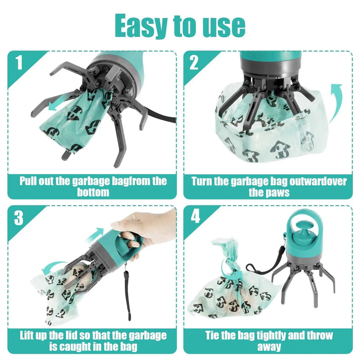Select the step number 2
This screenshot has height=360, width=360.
click(194, 63)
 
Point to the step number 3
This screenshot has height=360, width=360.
click(19, 218)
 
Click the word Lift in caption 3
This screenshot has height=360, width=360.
click(32, 335)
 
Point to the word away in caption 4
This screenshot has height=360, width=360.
click(269, 346)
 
